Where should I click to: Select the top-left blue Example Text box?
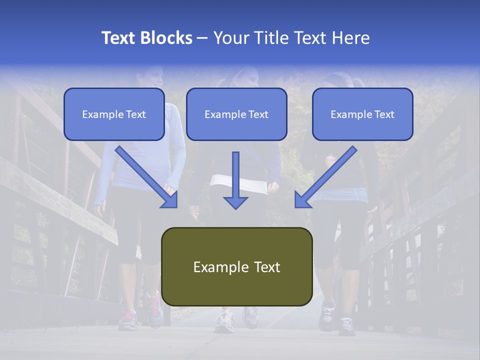tap(114, 114)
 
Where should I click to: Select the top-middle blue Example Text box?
tap(236, 114)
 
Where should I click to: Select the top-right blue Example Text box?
tap(362, 114)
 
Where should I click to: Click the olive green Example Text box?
tap(236, 267)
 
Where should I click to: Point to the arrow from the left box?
tap(147, 177)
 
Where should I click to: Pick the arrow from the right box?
tap(325, 177)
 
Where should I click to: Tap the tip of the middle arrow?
tap(235, 207)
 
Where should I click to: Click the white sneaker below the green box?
tap(224, 320)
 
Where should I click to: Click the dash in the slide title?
tap(202, 38)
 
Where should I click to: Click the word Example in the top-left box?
tap(98, 114)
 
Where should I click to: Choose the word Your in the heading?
tap(231, 38)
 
